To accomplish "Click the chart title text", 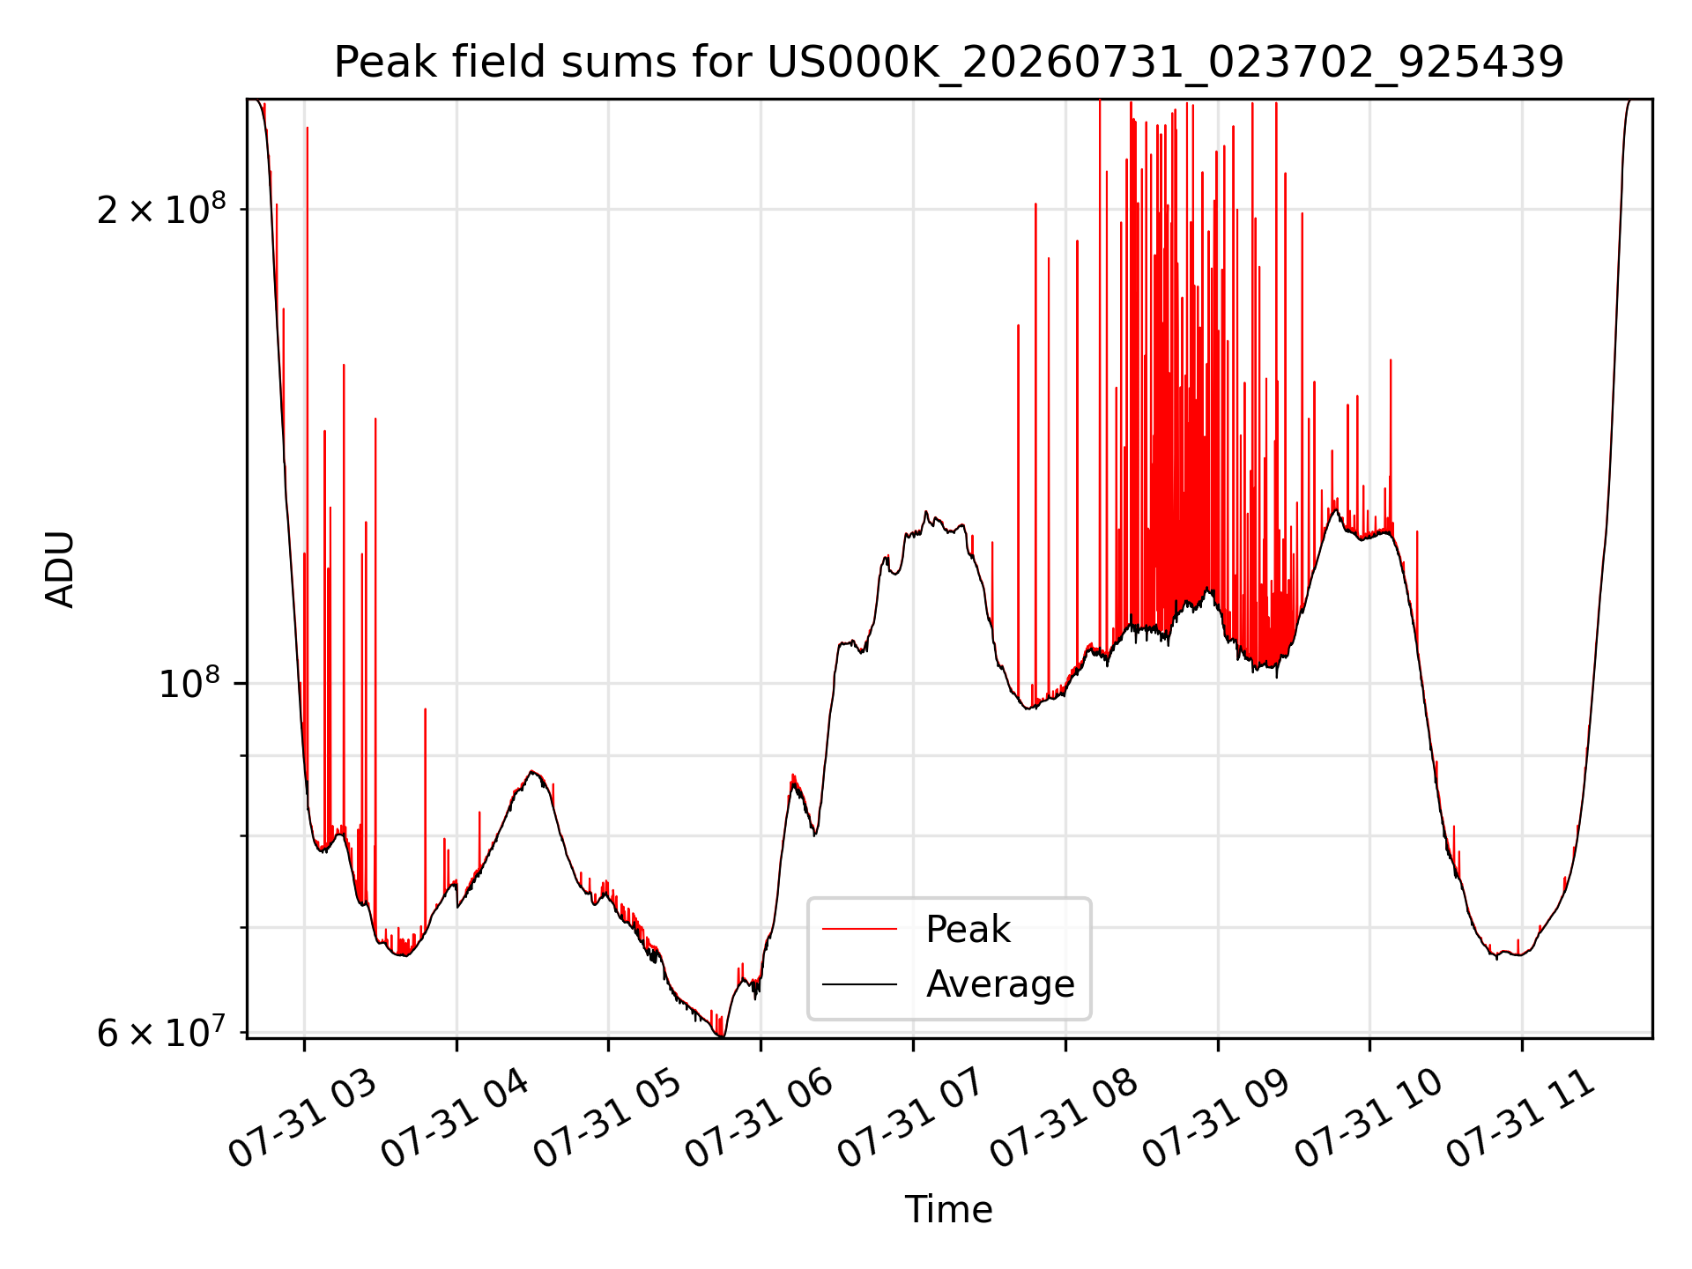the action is click(x=948, y=63).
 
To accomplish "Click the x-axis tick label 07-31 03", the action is click(x=302, y=1117).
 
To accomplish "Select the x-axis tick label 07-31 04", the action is click(x=455, y=1117).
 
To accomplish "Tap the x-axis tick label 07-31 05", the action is click(x=607, y=1117).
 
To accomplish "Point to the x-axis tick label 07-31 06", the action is click(x=760, y=1117).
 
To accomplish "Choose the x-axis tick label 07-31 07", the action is click(x=911, y=1117).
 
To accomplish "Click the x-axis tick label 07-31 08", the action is click(x=1064, y=1117).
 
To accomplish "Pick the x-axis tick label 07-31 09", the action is click(x=1216, y=1117).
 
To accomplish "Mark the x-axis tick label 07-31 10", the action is click(x=1369, y=1117).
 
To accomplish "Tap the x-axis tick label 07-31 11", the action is click(x=1521, y=1117).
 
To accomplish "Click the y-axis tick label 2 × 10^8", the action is click(x=161, y=209).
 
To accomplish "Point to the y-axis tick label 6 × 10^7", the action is click(x=161, y=1032).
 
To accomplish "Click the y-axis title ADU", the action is click(x=60, y=569).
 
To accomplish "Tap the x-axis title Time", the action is click(x=948, y=1210).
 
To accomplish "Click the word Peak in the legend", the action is click(x=968, y=930).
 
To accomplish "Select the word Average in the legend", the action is click(x=1000, y=984).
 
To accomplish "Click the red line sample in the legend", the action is click(x=859, y=929).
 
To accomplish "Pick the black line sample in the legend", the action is click(x=859, y=983).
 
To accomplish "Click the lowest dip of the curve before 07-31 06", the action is click(x=723, y=1036).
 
